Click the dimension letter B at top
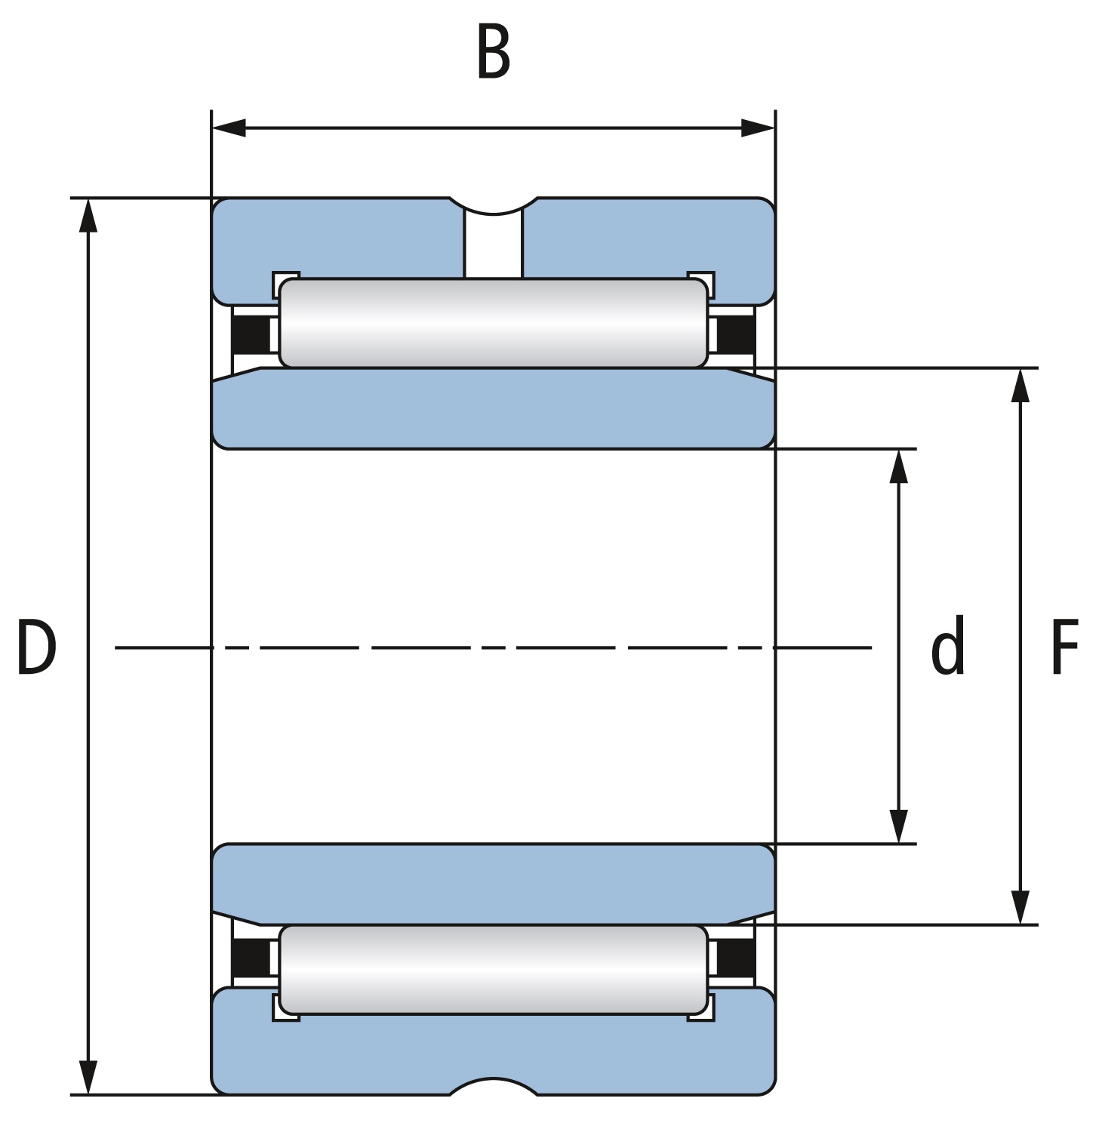494,52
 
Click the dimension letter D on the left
36,647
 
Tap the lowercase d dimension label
947,645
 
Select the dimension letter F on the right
1064,647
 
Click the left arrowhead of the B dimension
229,128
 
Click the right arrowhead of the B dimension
758,128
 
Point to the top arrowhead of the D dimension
89,216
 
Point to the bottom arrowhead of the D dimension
89,1077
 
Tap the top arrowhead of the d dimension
898,466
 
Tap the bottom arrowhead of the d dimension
898,826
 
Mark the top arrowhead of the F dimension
1020,386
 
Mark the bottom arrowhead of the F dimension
1020,907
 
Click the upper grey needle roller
494,323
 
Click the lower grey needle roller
494,970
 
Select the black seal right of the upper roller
735,334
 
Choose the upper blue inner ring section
494,408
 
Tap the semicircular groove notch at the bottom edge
494,1084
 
